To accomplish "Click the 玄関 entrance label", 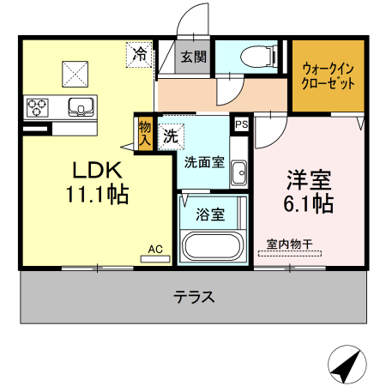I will tap(193, 57).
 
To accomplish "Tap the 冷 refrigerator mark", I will tap(139, 54).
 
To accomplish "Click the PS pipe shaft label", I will tap(241, 124).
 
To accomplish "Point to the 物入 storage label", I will tap(144, 133).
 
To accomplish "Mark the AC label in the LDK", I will tap(155, 250).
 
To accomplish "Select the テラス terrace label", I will tap(194, 298).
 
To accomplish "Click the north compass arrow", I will tap(347, 367).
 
